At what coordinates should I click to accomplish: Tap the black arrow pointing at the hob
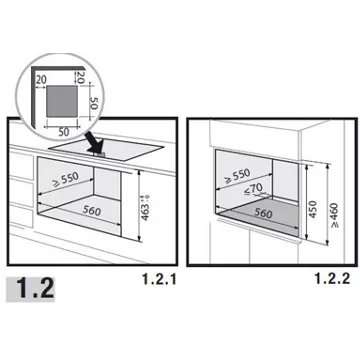pyautogui.click(x=96, y=146)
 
